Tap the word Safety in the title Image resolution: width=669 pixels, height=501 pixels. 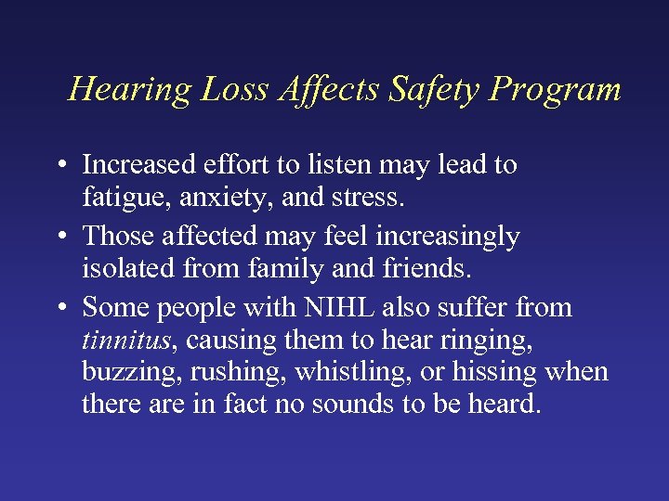click(436, 90)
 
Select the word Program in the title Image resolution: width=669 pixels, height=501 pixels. click(556, 90)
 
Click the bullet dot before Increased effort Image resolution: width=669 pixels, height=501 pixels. click(59, 166)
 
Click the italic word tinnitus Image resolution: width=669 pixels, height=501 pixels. click(125, 340)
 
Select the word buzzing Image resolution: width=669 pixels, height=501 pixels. click(122, 373)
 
